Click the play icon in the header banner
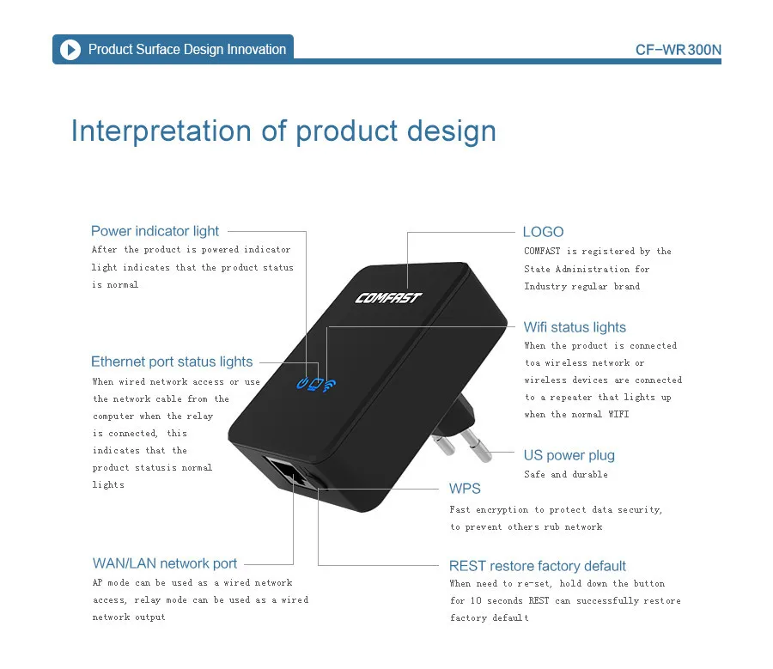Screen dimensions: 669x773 (x=70, y=49)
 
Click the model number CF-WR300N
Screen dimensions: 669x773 (x=678, y=50)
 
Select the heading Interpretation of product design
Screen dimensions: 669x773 (x=283, y=131)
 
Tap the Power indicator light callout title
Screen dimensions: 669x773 (x=155, y=231)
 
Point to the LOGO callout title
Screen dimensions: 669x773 (x=543, y=232)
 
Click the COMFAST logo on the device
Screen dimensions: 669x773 (x=388, y=298)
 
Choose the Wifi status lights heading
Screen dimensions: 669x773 (x=575, y=327)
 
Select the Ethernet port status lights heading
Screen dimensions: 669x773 (x=172, y=362)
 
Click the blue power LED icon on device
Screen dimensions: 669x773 (x=301, y=384)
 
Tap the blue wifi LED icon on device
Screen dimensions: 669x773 (x=330, y=384)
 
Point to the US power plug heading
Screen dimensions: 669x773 (x=569, y=455)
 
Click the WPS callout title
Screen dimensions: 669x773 (x=465, y=489)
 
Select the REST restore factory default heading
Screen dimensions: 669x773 (x=537, y=566)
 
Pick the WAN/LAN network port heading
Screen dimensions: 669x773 (x=165, y=563)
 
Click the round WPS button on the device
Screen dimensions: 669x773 (x=321, y=486)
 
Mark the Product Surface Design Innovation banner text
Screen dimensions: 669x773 (x=187, y=50)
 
